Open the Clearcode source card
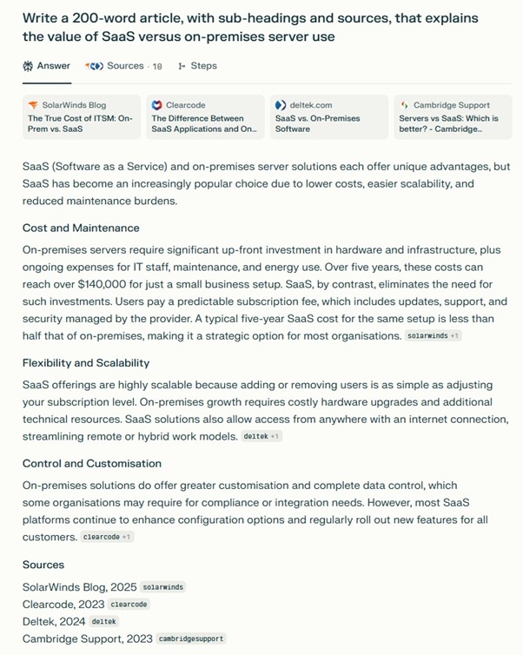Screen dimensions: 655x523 coord(205,117)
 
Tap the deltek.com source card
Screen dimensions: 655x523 coord(328,117)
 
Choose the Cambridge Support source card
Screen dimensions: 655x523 coord(452,117)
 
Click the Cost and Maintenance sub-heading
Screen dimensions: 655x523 coord(81,228)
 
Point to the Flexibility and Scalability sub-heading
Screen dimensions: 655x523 coord(86,363)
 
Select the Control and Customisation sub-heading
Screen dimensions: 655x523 coord(92,464)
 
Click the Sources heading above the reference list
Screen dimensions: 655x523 coord(43,565)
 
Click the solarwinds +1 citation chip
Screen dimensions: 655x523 coord(434,335)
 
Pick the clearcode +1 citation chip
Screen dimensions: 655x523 coord(108,537)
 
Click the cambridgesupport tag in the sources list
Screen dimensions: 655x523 coord(191,638)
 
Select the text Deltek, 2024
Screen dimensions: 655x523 coord(54,621)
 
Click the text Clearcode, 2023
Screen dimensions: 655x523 coord(63,604)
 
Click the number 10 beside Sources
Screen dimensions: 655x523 coord(157,66)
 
